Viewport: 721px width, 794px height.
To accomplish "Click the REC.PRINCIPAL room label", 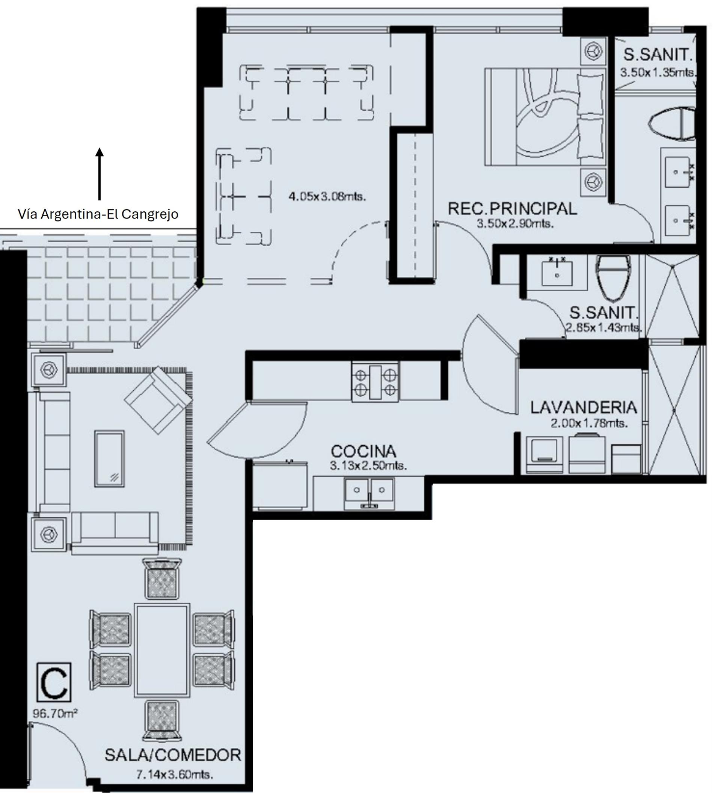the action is tap(512, 209).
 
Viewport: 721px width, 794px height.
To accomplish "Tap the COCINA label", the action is tap(363, 451).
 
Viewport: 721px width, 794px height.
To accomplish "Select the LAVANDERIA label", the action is tap(584, 408).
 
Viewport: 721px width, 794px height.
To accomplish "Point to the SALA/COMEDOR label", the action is tap(173, 755).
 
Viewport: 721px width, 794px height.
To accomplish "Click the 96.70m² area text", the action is tap(55, 713).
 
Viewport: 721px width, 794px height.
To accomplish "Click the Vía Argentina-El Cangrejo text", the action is tap(98, 214).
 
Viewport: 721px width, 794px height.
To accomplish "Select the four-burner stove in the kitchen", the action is tap(375, 382).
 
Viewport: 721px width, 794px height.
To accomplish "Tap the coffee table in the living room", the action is tap(110, 458).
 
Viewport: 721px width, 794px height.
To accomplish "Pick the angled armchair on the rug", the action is tap(158, 400).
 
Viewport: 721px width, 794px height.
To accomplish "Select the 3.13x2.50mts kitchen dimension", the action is tap(368, 466).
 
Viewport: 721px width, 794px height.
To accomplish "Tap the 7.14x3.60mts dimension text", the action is tap(175, 775).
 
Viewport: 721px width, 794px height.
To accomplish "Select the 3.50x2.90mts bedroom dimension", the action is tap(515, 223).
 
